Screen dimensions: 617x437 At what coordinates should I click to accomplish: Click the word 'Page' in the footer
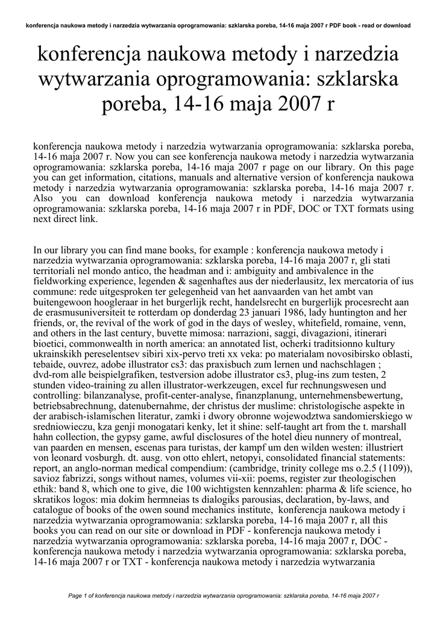[77, 596]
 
